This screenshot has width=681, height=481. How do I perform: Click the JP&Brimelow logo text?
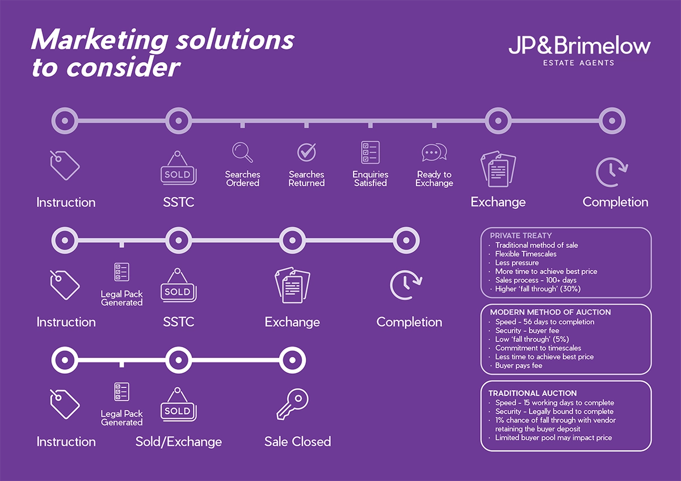[579, 47]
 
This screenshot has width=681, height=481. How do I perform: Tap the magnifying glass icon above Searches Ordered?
[242, 152]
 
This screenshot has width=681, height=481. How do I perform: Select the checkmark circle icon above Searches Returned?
[306, 152]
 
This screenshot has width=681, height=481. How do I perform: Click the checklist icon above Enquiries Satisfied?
[370, 152]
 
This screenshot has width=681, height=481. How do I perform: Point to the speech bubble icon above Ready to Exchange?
[434, 152]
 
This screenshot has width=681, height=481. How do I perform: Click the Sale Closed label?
[297, 441]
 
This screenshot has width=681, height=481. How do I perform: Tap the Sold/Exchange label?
[179, 441]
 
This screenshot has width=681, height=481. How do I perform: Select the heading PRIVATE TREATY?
[521, 235]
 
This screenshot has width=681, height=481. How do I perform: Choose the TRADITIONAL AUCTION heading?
[532, 393]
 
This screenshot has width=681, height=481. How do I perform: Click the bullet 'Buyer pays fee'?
[519, 366]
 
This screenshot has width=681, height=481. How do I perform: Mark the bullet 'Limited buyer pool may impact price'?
[553, 438]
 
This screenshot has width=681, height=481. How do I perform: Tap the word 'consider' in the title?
[123, 67]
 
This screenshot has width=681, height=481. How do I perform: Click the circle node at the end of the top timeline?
[612, 121]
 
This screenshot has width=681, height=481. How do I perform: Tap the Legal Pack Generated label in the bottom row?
[121, 418]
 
